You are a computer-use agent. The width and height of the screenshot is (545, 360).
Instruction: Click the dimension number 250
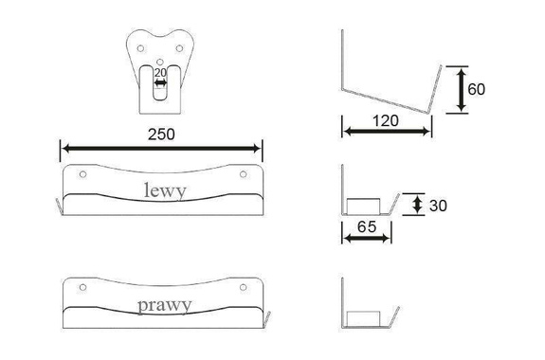point(161,135)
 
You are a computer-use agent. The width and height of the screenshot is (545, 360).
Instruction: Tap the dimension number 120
point(386,121)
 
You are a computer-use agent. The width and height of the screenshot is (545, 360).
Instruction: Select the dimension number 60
point(476,89)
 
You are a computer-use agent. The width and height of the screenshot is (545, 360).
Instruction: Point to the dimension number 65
point(367,227)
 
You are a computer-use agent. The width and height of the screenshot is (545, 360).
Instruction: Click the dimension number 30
point(438,206)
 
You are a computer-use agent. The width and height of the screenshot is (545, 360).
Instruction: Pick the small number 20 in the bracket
point(160,73)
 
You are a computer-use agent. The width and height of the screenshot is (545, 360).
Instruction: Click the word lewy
point(165,191)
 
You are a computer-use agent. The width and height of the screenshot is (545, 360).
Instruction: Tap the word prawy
point(164,306)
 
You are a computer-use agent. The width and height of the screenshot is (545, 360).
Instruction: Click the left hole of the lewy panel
point(82,174)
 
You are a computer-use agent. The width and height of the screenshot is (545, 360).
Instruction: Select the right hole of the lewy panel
point(244,174)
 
